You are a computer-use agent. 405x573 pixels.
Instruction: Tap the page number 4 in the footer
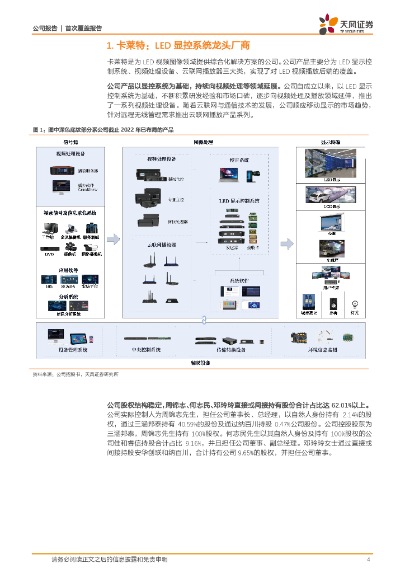368,560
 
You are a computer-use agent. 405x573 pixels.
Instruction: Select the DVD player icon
50,247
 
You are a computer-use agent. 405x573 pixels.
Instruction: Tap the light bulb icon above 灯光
354,303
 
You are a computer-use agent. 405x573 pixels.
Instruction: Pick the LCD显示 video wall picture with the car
328,194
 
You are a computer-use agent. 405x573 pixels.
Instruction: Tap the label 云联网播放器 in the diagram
161,245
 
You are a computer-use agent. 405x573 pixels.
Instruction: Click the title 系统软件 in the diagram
239,280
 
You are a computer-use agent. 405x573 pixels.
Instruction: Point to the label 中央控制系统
146,350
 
